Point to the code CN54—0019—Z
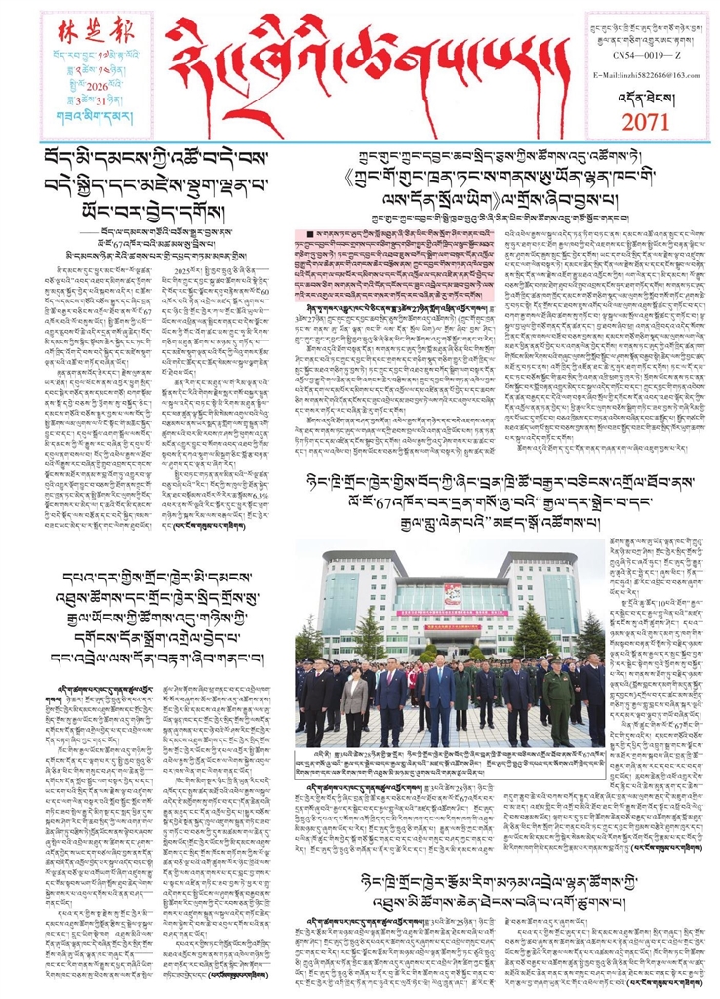[650, 58]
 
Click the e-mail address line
[650, 76]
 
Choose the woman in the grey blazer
[355, 705]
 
